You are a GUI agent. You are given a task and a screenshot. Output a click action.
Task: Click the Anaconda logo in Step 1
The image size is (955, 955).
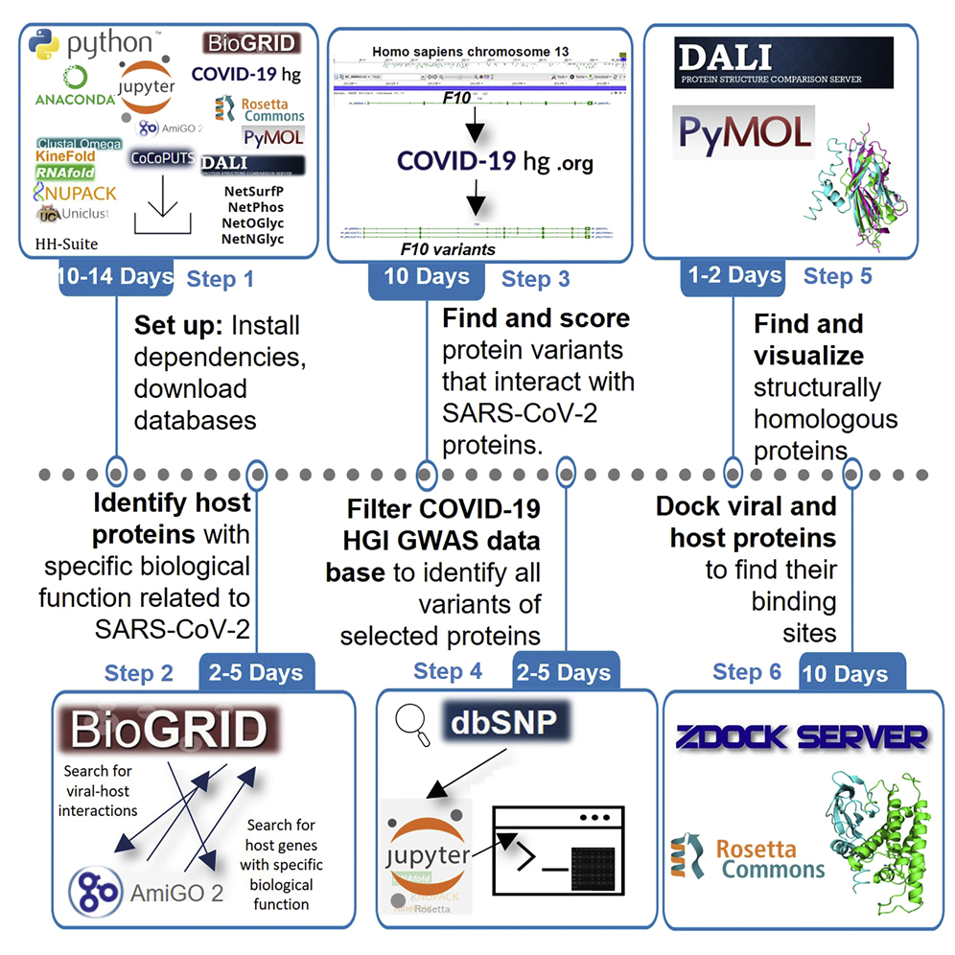click(74, 87)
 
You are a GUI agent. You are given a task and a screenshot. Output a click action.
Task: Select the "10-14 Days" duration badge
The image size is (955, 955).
click(115, 277)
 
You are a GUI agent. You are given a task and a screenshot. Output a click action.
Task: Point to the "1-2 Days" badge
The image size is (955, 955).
click(734, 275)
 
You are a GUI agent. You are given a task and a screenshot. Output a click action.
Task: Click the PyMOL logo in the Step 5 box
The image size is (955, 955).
click(744, 132)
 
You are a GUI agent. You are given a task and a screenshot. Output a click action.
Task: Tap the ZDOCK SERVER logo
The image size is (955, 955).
click(802, 737)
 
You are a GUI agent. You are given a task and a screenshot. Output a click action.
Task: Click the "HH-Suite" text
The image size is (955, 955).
click(66, 244)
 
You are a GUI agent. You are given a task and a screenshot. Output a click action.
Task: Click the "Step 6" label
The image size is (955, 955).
click(747, 672)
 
